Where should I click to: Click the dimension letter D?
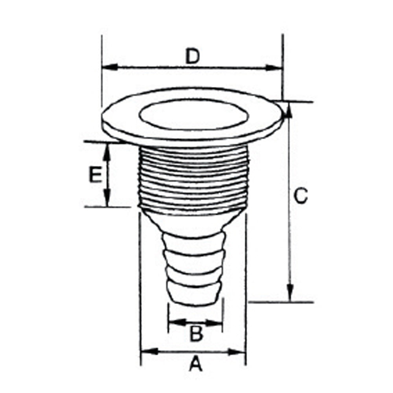point(193,57)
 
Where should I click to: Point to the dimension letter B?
point(196,335)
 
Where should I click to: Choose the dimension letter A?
point(195,365)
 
